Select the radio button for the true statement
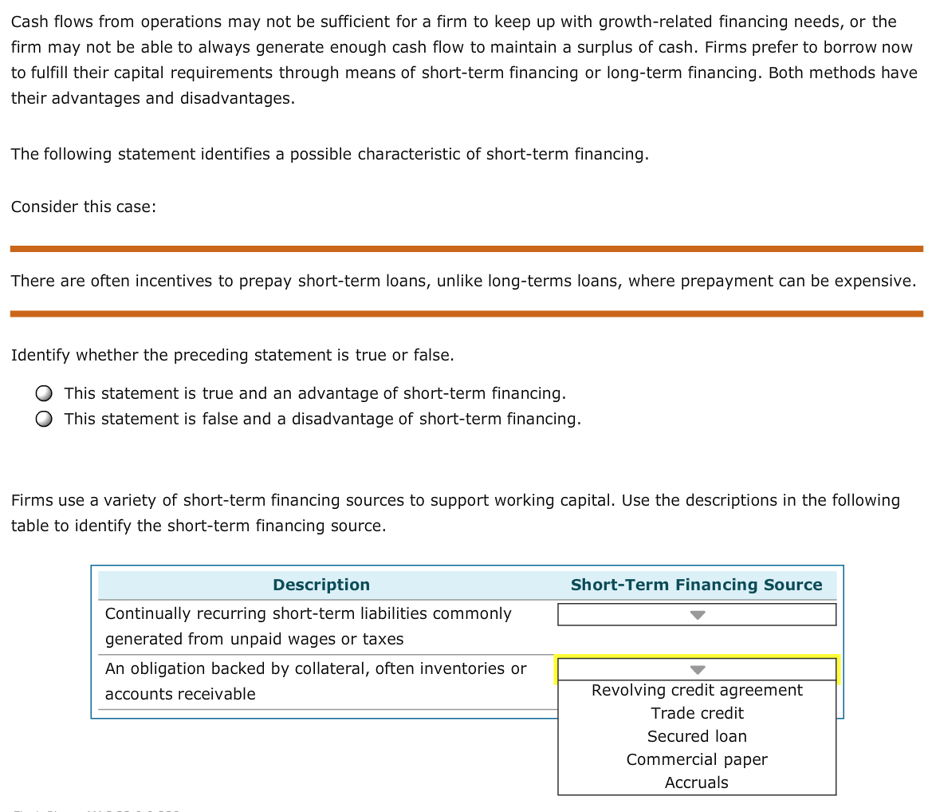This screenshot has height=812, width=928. [x=45, y=393]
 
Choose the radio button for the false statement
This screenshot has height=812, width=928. [x=45, y=419]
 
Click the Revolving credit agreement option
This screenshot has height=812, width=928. [x=697, y=690]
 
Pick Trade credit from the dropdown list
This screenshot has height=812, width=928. [x=697, y=713]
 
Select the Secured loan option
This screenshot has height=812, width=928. [x=697, y=736]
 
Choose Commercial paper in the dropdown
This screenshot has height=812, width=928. [x=697, y=759]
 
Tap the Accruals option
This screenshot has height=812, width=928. [x=697, y=782]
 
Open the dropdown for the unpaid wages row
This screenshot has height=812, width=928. [x=697, y=615]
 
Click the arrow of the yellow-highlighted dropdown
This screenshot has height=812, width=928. [x=698, y=670]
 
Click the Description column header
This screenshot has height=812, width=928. [x=321, y=585]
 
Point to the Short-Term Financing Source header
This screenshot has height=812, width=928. [x=696, y=585]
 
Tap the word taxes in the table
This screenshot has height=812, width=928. [x=385, y=639]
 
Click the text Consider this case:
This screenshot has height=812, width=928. [x=84, y=207]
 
